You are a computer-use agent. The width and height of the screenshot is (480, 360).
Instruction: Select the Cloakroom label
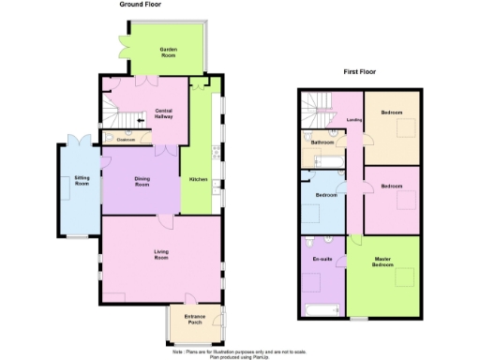pyautogui.click(x=127, y=140)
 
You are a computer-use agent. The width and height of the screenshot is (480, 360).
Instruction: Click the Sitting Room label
pyautogui.click(x=82, y=180)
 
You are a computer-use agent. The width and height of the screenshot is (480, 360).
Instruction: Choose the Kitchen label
pyautogui.click(x=198, y=178)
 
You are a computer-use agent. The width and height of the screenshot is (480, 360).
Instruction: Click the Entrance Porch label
pyautogui.click(x=194, y=320)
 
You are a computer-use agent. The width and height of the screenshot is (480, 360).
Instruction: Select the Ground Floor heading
pyautogui.click(x=141, y=5)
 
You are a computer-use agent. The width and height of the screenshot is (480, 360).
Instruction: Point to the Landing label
pyautogui.click(x=354, y=119)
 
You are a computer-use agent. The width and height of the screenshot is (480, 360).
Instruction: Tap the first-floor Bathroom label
pyautogui.click(x=322, y=142)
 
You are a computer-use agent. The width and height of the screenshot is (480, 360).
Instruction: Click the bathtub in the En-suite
pyautogui.click(x=321, y=309)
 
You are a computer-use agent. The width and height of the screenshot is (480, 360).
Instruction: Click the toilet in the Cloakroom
pyautogui.click(x=109, y=139)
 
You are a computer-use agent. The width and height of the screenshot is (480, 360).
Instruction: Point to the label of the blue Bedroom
pyautogui.click(x=326, y=195)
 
